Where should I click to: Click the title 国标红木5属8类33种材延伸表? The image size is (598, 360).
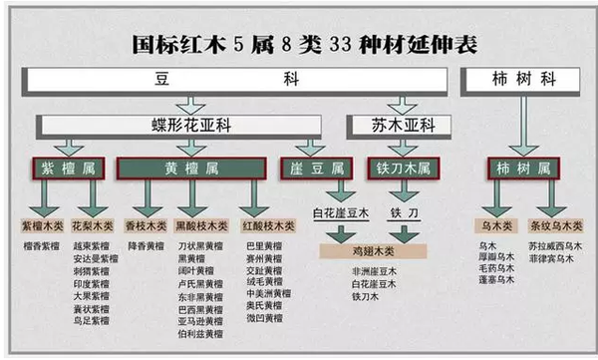298,46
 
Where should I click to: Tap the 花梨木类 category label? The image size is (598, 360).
93,225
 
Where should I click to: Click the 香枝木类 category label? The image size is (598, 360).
146,225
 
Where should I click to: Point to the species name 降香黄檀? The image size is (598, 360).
146,245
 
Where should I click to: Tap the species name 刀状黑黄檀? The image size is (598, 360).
197,245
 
